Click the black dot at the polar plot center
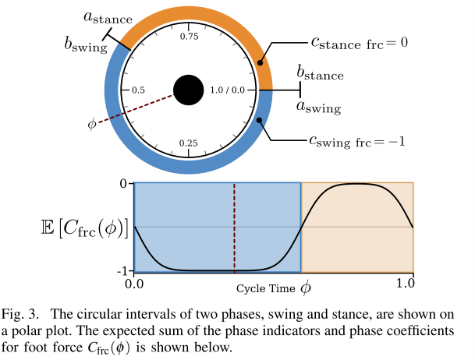click(x=189, y=90)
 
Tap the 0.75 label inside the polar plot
click(x=189, y=37)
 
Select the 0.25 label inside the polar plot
click(x=189, y=143)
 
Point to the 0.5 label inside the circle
click(x=139, y=90)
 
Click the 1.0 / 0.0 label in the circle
click(x=232, y=90)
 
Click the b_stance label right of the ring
click(x=319, y=73)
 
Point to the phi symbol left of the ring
click(x=93, y=123)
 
